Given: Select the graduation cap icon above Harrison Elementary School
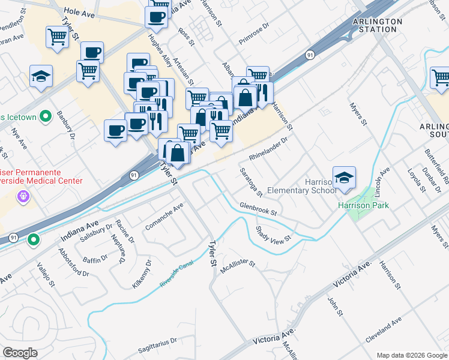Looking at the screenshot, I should (x=344, y=178).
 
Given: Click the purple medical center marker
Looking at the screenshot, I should (x=24, y=196).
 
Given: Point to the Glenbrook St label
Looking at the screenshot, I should (x=258, y=208).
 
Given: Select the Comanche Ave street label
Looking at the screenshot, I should (x=164, y=219).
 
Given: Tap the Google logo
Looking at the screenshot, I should (x=20, y=353).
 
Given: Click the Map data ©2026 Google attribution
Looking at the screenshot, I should (x=411, y=355).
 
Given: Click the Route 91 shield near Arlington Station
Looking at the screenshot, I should (x=310, y=55).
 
